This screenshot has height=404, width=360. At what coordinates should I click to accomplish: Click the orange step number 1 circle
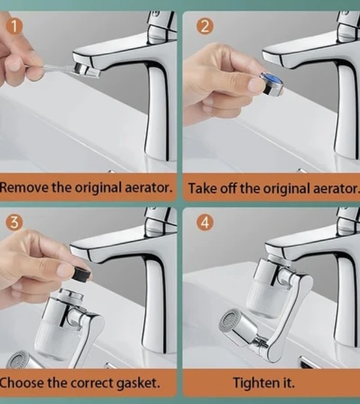coord(15,27)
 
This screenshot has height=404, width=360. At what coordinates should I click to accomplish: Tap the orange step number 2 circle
coord(205,27)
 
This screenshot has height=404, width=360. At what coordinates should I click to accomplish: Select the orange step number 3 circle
coord(14,222)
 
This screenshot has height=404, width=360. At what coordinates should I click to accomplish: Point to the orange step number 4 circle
coord(205,222)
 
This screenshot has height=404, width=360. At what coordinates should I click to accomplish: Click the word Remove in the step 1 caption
coord(25,187)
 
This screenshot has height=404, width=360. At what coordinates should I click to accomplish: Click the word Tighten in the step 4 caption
coord(252,382)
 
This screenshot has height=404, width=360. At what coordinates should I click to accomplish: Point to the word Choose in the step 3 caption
coord(22,383)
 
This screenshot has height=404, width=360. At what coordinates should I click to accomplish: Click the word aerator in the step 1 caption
coord(149,187)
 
